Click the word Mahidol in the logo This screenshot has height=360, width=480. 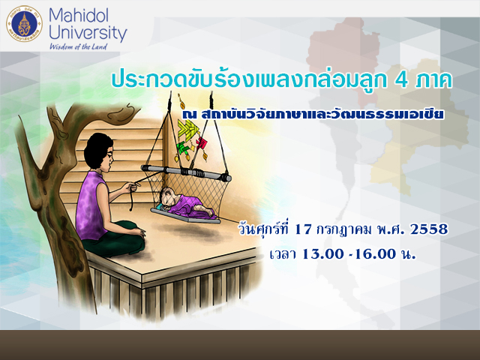pyautogui.click(x=78, y=15)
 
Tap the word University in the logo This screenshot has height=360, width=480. pyautogui.click(x=88, y=33)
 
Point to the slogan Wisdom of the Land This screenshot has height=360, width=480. pyautogui.click(x=78, y=46)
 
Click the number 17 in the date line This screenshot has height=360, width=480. pyautogui.click(x=302, y=229)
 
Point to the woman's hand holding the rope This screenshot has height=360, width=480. pyautogui.click(x=133, y=186)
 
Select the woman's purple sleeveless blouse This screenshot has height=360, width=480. pyautogui.click(x=91, y=205)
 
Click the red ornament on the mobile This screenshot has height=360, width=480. pyautogui.click(x=202, y=142)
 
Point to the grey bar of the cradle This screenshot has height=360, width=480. pyautogui.click(x=186, y=172)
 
